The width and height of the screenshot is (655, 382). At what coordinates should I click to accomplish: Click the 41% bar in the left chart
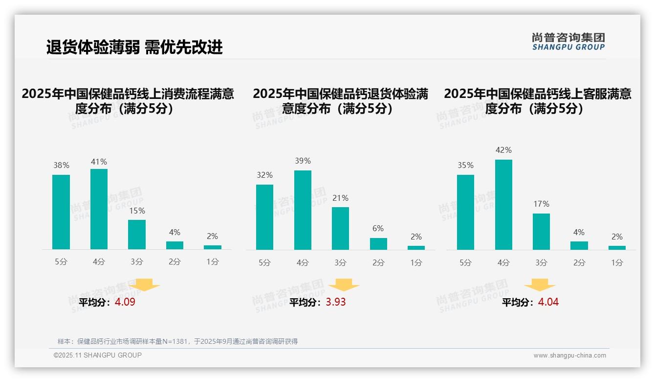[x=99, y=209]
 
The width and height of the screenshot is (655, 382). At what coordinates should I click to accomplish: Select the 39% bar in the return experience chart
[x=303, y=210]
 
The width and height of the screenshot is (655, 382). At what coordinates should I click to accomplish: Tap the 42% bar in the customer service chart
[x=503, y=205]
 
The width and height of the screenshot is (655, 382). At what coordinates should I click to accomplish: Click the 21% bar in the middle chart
[x=340, y=228]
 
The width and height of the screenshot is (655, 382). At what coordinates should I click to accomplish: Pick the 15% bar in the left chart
[x=137, y=235]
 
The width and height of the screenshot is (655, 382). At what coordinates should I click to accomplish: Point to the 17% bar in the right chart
[x=541, y=232]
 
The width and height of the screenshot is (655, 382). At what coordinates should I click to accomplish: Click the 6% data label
[x=377, y=228]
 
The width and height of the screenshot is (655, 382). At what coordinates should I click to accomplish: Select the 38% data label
[x=61, y=166]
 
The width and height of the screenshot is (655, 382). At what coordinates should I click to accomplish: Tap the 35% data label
[x=465, y=166]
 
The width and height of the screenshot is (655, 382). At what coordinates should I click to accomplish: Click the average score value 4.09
[x=125, y=302]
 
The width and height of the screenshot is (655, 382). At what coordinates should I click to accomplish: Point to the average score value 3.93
[x=336, y=302]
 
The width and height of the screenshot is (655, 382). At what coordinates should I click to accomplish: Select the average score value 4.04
[x=548, y=302]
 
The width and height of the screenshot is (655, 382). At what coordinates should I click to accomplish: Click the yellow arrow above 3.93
[x=344, y=285]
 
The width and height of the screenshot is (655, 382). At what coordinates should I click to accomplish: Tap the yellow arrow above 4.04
[x=540, y=285]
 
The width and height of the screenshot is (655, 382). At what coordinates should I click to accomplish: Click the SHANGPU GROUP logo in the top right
[x=568, y=42]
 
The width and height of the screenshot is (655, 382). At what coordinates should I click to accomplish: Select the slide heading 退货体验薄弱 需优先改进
[x=134, y=47]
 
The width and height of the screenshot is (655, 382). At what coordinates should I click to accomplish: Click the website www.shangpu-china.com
[x=569, y=356]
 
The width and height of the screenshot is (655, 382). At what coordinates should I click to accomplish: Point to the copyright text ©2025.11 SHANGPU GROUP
[x=98, y=355]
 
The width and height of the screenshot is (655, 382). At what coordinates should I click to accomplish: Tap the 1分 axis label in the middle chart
[x=416, y=263]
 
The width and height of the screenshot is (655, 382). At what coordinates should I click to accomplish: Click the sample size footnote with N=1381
[x=177, y=341]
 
